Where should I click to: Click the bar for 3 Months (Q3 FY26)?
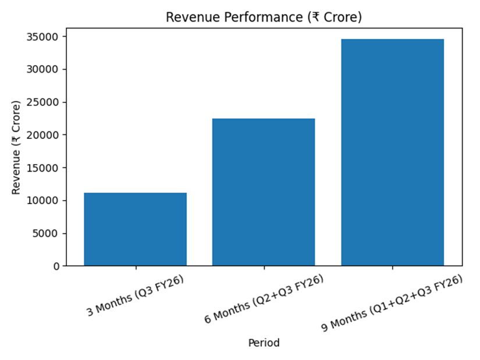pyautogui.click(x=135, y=229)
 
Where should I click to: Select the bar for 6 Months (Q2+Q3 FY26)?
pyautogui.click(x=264, y=192)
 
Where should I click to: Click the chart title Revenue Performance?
pyautogui.click(x=264, y=17)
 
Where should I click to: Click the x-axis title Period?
pyautogui.click(x=264, y=343)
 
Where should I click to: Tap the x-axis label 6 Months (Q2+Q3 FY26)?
pyautogui.click(x=264, y=299)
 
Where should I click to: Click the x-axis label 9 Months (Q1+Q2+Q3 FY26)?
pyautogui.click(x=392, y=303)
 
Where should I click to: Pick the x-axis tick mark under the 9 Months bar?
pyautogui.click(x=392, y=268)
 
